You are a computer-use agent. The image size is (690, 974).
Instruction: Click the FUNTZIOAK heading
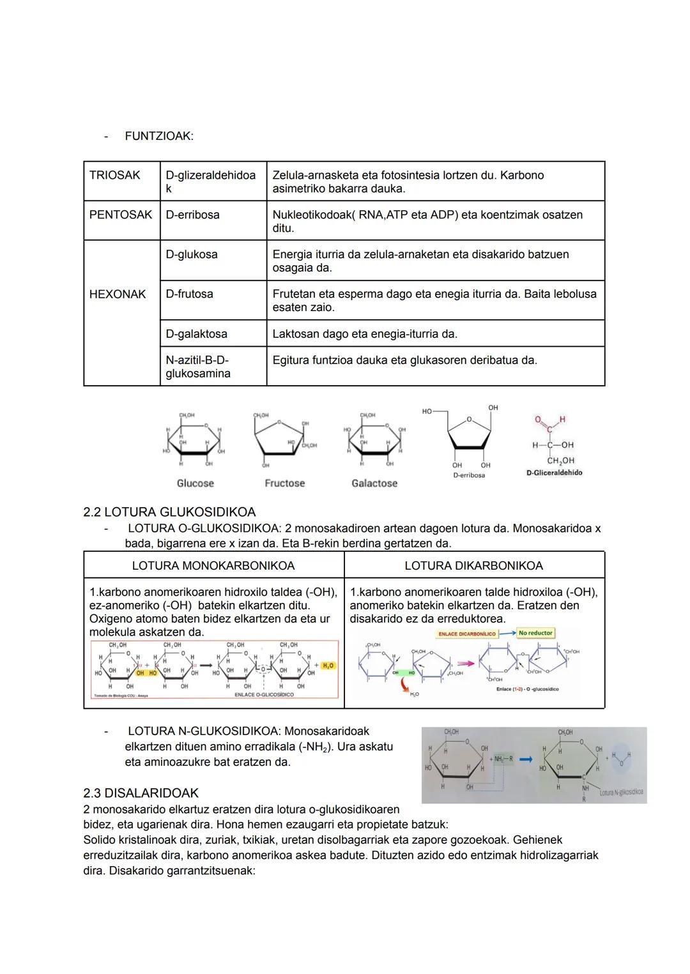pos(158,136)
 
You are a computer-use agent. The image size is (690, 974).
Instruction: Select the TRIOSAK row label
pos(115,175)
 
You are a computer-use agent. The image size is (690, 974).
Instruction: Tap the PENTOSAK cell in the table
pos(121,215)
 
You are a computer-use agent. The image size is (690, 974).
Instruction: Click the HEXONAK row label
pos(118,294)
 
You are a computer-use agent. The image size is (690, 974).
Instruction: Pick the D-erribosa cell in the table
pos(192,215)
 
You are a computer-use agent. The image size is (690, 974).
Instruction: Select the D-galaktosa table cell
pos(196,333)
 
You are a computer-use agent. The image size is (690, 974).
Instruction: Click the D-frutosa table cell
pos(189,294)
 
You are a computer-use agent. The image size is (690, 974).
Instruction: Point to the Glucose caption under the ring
pos(195,483)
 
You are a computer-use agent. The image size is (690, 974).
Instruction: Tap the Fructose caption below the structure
pos(284,483)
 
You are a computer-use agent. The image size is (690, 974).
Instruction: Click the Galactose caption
pos(374,483)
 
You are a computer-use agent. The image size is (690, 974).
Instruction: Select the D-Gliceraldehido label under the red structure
pos(554,473)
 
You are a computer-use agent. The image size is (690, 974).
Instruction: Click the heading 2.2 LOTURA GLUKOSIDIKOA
pos(169,512)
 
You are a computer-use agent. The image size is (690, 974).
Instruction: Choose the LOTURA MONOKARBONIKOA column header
pos(213,566)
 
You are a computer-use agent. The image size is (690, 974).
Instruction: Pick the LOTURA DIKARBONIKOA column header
pos(473,566)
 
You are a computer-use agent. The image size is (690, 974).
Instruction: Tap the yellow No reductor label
pos(535,633)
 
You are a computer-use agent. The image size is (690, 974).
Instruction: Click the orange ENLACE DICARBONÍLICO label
pos(466,634)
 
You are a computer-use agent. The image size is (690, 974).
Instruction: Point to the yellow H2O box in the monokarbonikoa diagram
pos(328,666)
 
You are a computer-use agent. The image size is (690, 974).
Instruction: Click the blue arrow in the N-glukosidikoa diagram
pos(526,759)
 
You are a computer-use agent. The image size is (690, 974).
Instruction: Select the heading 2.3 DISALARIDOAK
pos(141,793)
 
